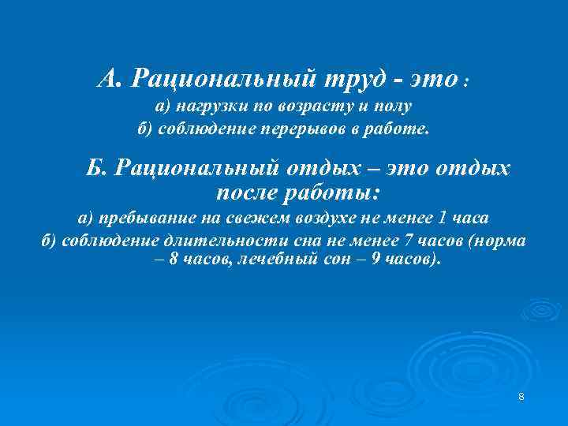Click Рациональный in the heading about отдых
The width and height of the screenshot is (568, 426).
click(189, 168)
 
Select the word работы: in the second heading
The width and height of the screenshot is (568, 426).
click(340, 192)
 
